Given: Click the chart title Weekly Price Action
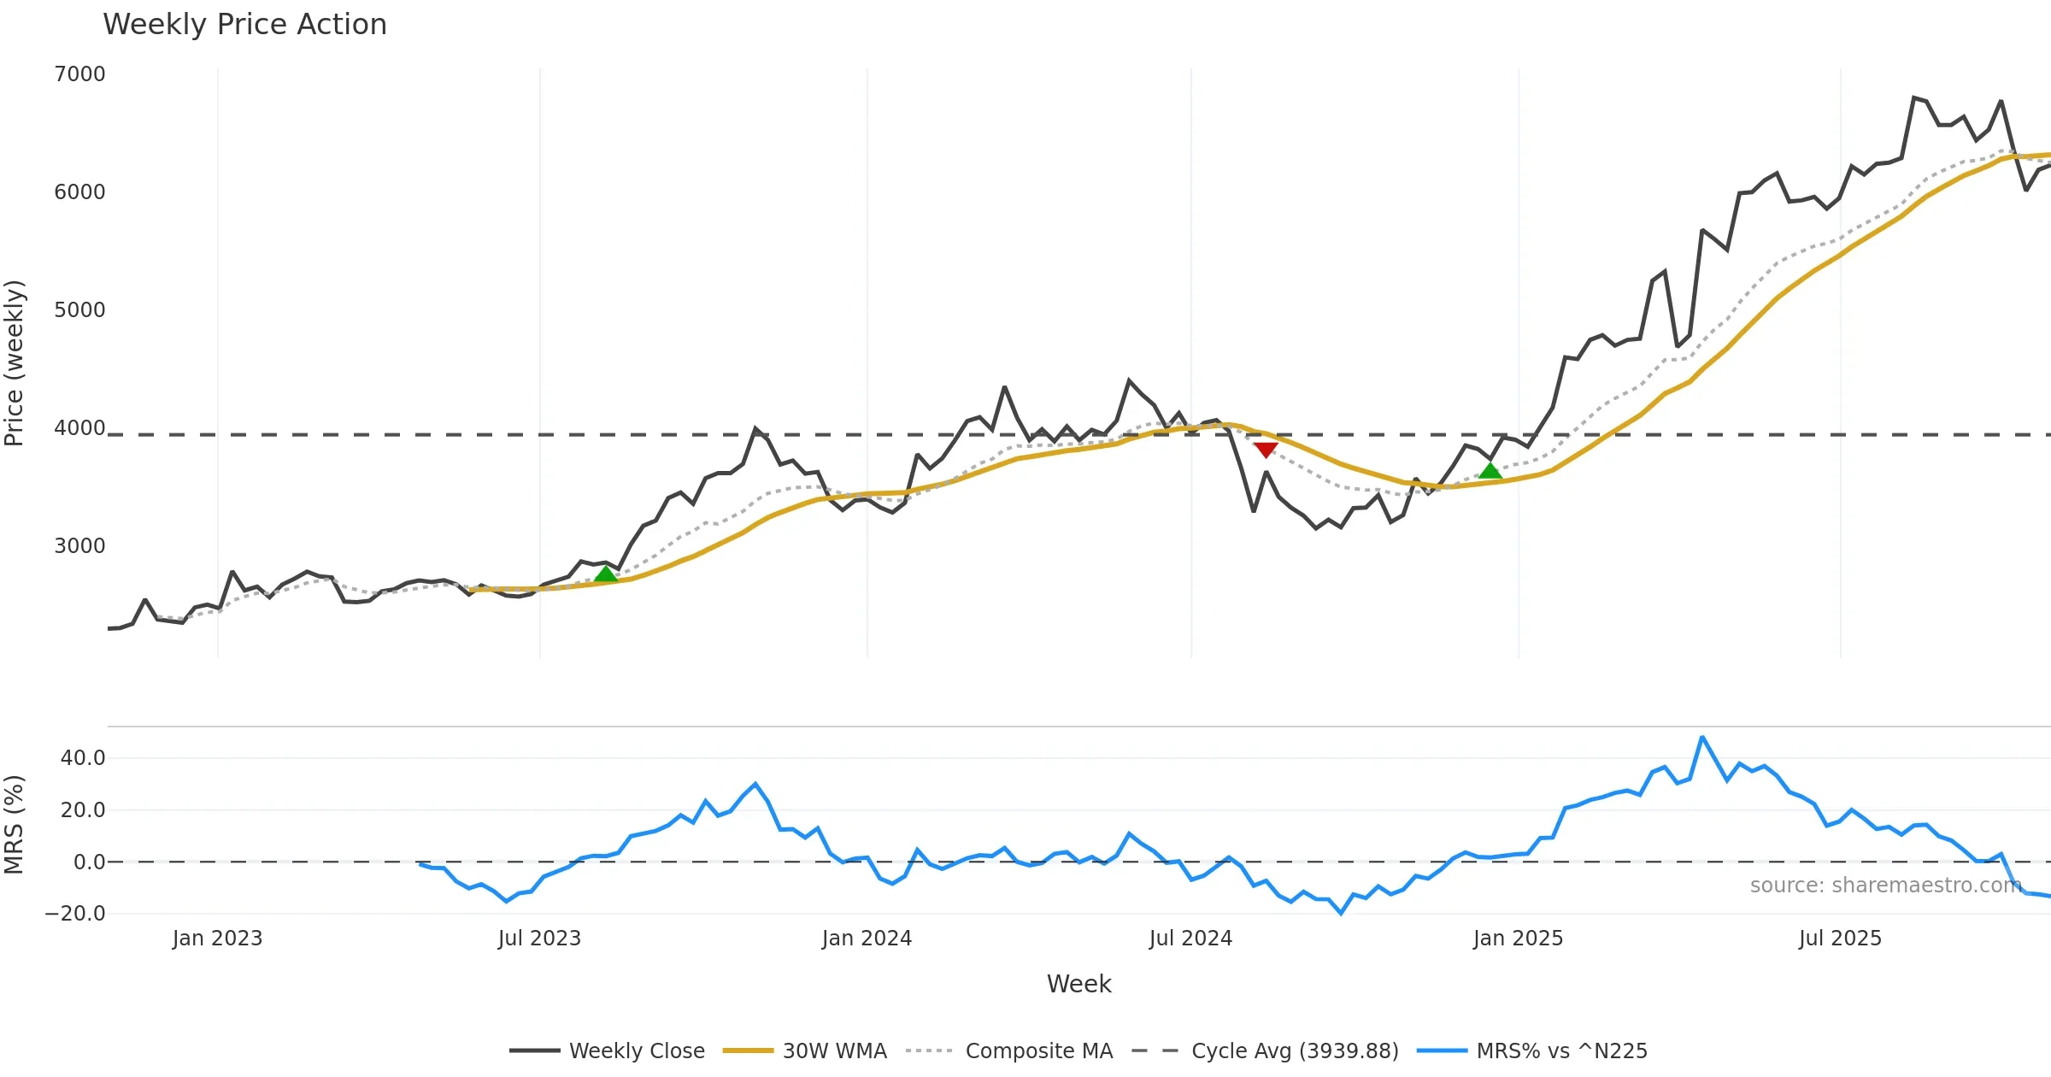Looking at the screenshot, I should tap(244, 24).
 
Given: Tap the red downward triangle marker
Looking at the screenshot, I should tap(1266, 450).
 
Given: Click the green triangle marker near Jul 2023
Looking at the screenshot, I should tap(606, 574).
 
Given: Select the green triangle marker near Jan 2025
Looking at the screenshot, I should tap(1490, 471).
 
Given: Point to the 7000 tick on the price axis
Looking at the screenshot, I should tap(79, 74).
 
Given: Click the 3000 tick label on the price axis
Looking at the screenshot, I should tap(79, 546).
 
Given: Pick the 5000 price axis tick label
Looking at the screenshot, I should tap(79, 310).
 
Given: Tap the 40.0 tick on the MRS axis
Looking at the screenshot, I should tap(83, 758).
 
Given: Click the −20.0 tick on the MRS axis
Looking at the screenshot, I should tap(75, 914).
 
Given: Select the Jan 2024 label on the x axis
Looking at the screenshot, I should tap(867, 939).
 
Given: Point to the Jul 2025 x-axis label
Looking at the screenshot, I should tap(1840, 939).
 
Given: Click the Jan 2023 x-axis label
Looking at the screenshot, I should tap(217, 939).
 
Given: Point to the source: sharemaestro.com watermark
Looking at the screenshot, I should tap(1885, 885).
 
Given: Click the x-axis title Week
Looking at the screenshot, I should tap(1078, 984).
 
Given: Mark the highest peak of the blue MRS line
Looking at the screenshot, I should tap(1702, 737).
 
